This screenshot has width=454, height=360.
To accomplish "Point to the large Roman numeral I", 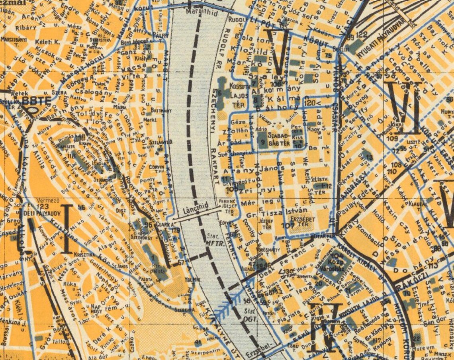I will (x=67, y=229).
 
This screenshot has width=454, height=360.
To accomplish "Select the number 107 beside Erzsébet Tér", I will (x=288, y=225).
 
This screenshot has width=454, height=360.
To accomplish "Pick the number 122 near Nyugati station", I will (x=362, y=35).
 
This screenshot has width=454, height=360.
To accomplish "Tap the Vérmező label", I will (x=45, y=200).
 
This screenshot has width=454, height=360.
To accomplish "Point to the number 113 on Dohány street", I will (x=432, y=266).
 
